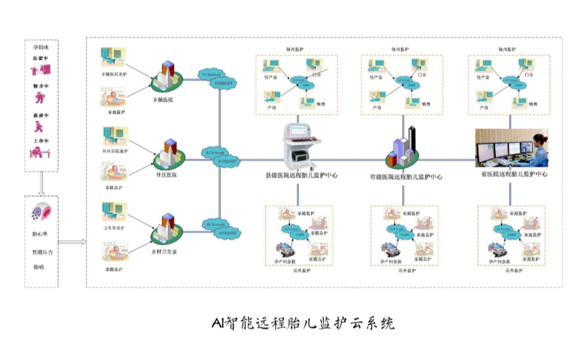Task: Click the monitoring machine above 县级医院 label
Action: coord(300,143)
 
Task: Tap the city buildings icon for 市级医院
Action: coord(404,147)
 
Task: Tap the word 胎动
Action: coord(38,267)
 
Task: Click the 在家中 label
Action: coord(41,57)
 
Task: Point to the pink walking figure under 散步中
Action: coord(40,98)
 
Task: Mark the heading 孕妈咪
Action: coord(41,48)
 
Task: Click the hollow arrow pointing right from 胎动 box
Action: coord(71,242)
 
